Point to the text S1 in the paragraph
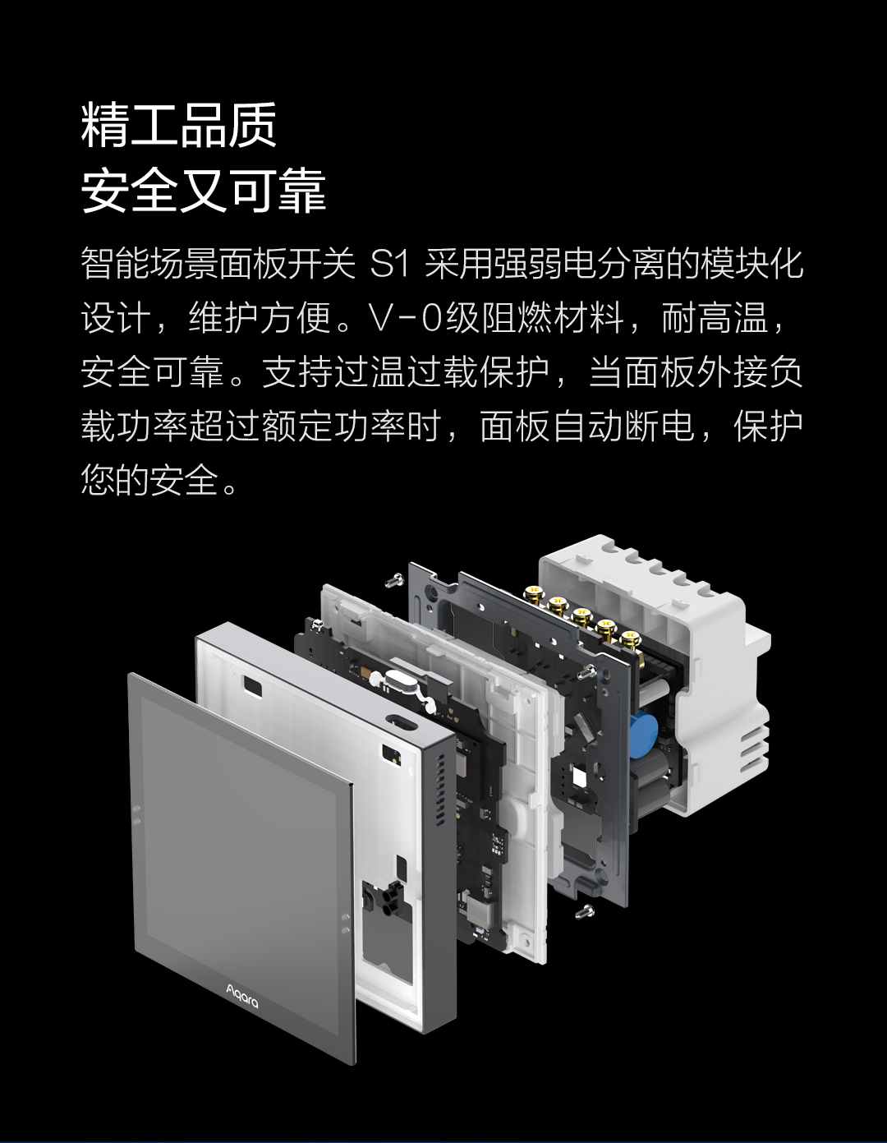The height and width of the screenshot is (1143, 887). coord(389,265)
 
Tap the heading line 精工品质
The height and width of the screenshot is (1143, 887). coord(179,126)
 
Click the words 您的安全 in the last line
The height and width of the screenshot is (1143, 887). coord(149,480)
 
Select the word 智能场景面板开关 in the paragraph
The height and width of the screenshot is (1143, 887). coord(218,264)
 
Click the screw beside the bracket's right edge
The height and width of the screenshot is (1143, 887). coord(587,671)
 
